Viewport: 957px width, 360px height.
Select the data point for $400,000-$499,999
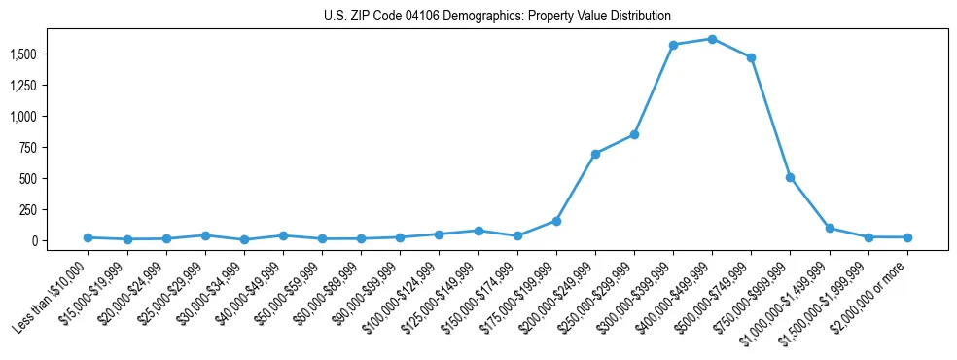pos(712,39)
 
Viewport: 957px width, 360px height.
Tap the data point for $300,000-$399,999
pos(673,45)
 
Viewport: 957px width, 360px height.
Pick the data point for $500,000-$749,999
pos(751,57)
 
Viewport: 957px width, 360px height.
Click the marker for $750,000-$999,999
pos(790,177)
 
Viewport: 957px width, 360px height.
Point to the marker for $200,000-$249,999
pos(595,154)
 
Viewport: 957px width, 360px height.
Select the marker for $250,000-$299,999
pos(634,134)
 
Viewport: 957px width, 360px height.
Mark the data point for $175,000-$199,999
pos(556,221)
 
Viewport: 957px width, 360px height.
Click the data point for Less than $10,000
pos(88,237)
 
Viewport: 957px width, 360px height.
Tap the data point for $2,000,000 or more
pos(907,237)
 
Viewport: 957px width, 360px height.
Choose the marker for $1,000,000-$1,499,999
pos(830,228)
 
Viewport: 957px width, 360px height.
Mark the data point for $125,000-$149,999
pos(478,231)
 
